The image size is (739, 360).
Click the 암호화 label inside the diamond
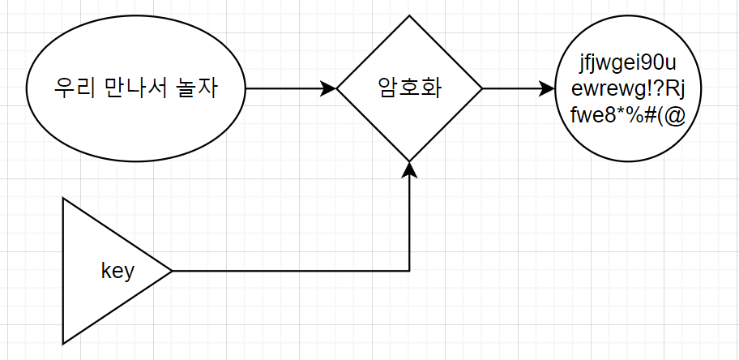(x=409, y=88)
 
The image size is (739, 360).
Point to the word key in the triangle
(x=117, y=271)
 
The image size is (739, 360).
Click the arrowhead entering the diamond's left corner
(x=329, y=88)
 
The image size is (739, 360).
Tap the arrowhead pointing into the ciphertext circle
(x=549, y=88)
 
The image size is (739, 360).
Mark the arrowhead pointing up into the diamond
(x=410, y=169)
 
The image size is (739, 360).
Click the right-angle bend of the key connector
(x=410, y=271)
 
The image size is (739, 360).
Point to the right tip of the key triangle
(x=172, y=271)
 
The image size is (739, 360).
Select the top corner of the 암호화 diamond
(x=410, y=15)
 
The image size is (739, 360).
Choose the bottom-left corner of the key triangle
(x=63, y=343)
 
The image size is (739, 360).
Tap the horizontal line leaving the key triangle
(x=292, y=271)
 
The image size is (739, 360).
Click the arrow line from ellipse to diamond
(x=284, y=88)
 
